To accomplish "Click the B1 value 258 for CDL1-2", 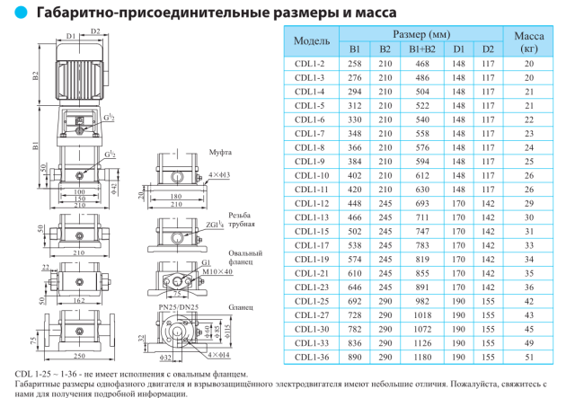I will click(x=355, y=65).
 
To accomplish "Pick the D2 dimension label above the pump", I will click(x=93, y=31).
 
